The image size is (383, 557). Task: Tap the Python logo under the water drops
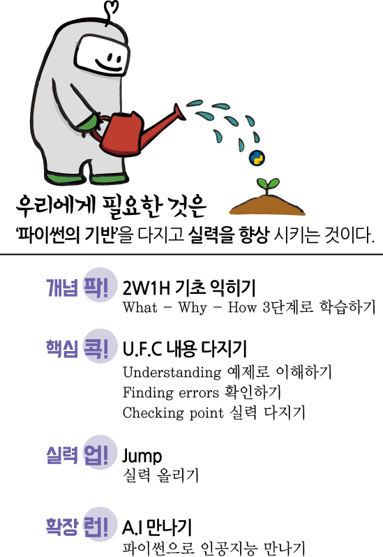(257, 158)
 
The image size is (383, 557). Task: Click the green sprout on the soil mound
(268, 186)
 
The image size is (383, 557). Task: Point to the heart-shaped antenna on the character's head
(111, 10)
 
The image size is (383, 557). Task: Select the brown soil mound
(267, 205)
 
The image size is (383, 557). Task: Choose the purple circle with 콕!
(100, 346)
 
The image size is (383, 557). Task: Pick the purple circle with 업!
(100, 452)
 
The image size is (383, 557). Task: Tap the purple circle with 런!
(100, 525)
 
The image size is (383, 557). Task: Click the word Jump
(142, 456)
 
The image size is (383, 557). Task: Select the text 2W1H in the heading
(147, 288)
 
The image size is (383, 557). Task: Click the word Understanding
(172, 372)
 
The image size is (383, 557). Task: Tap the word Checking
(153, 413)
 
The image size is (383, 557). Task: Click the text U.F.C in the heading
(142, 349)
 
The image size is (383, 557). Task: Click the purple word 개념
(62, 288)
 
